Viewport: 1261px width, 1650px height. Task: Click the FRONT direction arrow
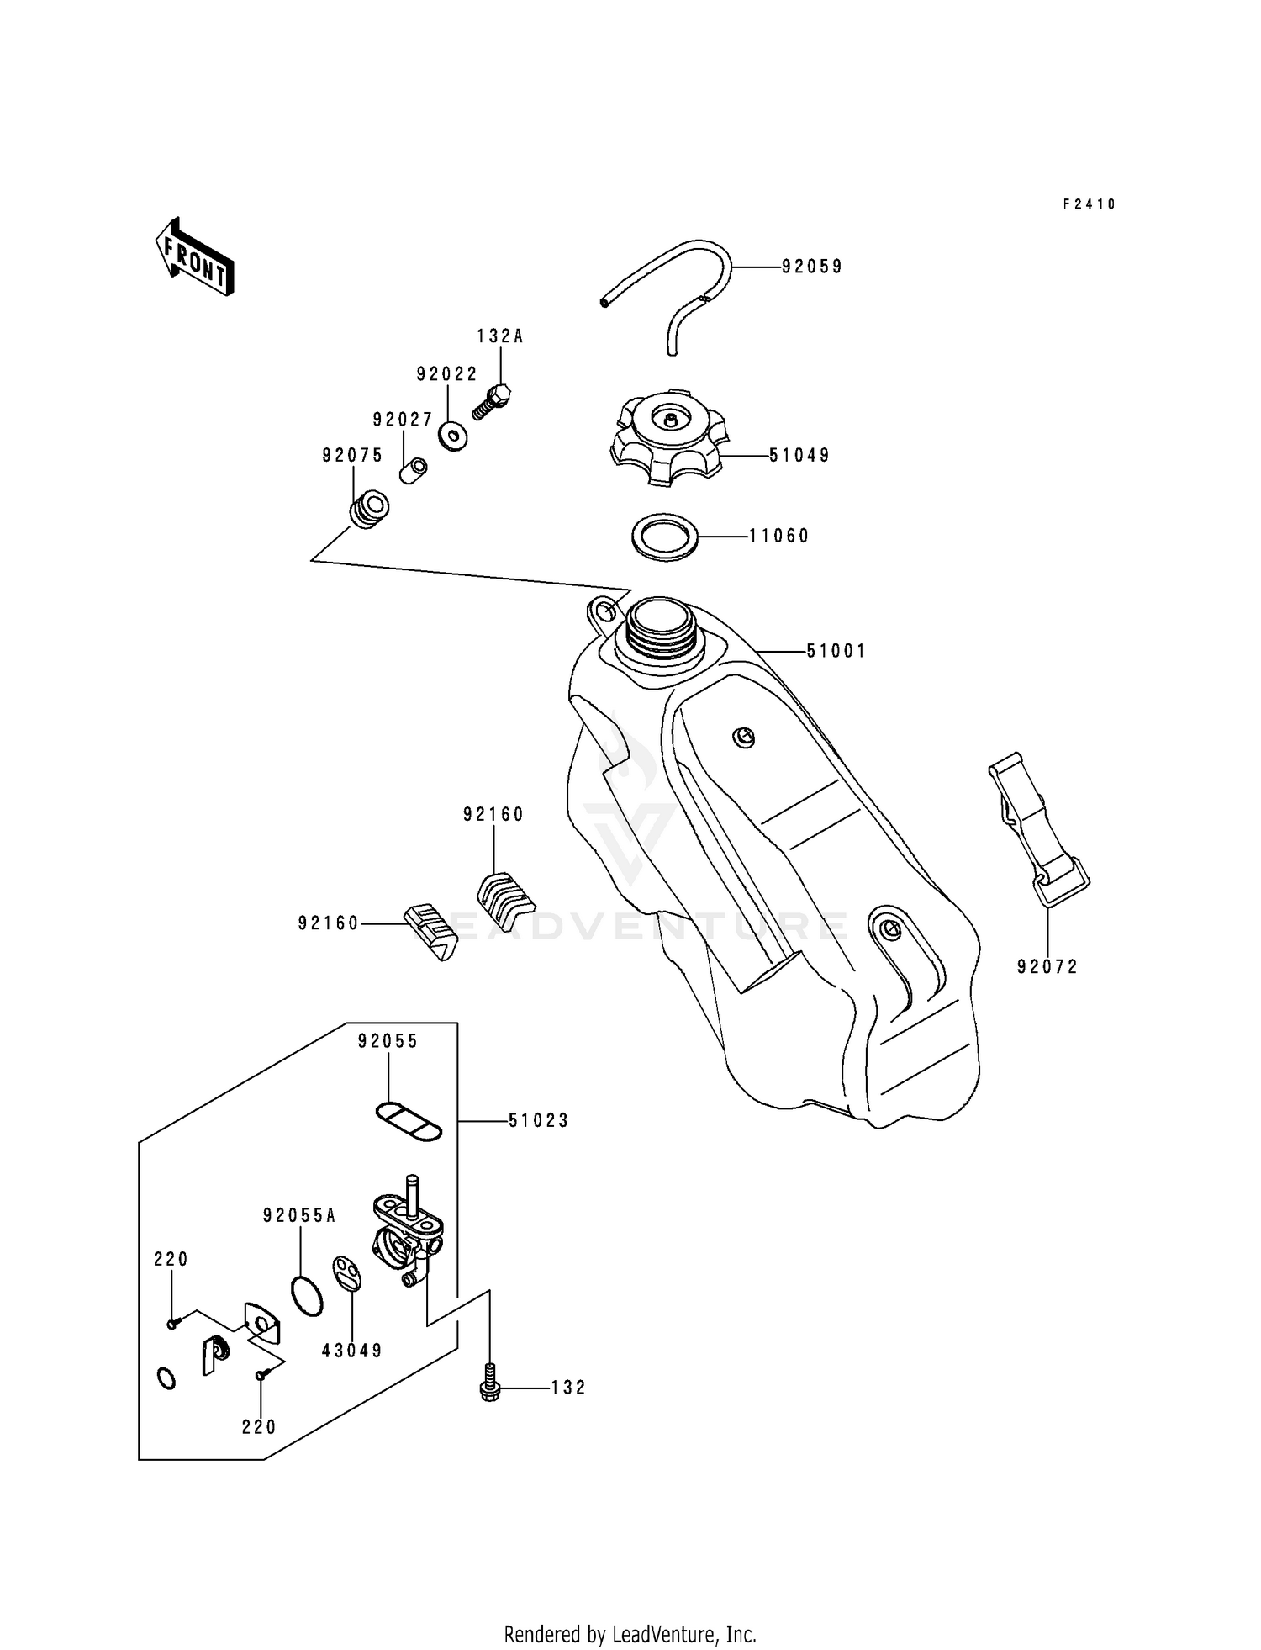[x=194, y=256]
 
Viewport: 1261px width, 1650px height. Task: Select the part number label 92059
[x=811, y=267]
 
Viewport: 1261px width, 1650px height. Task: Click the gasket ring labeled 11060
[x=664, y=536]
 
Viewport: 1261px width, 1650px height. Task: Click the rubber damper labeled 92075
[x=368, y=510]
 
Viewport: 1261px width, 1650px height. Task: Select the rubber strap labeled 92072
[x=1039, y=828]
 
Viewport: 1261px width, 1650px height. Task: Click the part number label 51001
[x=836, y=651]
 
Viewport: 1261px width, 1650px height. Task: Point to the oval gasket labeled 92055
[x=409, y=1122]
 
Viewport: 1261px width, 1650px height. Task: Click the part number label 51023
[x=538, y=1121]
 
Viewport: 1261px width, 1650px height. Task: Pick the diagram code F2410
[x=1089, y=204]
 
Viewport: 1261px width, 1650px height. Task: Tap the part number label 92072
[x=1047, y=967]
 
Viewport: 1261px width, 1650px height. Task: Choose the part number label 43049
[x=352, y=1351]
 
